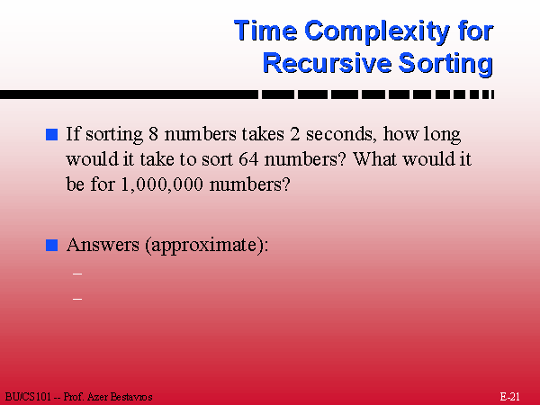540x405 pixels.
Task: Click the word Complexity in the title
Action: click(x=377, y=32)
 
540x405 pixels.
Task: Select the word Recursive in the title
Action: click(x=328, y=64)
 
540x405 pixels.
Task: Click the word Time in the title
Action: click(x=265, y=31)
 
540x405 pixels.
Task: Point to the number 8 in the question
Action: click(x=153, y=134)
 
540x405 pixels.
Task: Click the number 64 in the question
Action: click(x=248, y=159)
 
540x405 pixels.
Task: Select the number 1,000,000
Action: click(x=162, y=184)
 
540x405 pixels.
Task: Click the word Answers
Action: click(x=103, y=245)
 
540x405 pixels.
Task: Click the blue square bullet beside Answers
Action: click(x=51, y=246)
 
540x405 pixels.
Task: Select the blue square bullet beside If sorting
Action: click(x=51, y=134)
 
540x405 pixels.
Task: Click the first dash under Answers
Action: click(x=77, y=274)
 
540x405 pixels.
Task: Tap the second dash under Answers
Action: click(x=77, y=299)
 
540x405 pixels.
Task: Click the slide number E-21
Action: click(x=509, y=396)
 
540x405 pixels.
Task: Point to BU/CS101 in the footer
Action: click(x=28, y=397)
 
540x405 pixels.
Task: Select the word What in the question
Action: click(x=375, y=159)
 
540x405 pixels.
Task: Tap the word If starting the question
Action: click(x=73, y=133)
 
